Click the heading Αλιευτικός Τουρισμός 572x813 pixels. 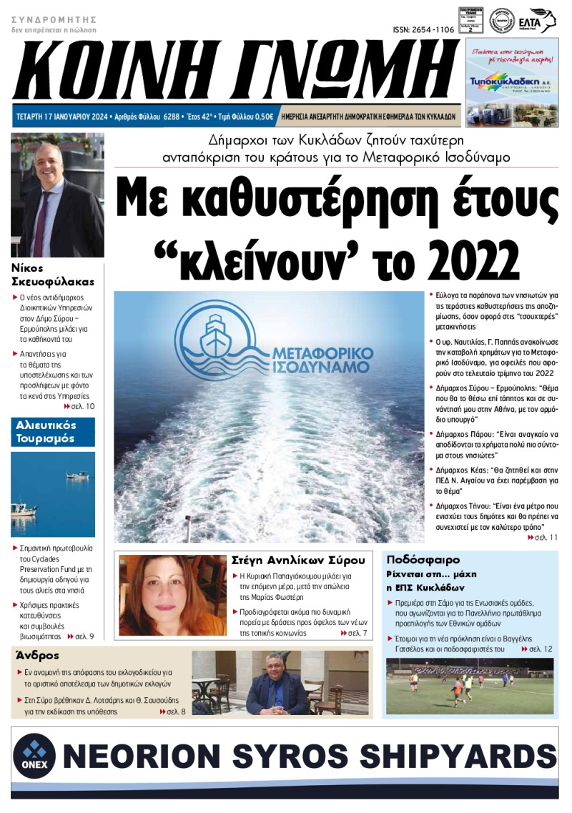tap(44, 432)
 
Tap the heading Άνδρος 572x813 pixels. tap(36, 655)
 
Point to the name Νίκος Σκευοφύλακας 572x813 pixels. tap(54, 275)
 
